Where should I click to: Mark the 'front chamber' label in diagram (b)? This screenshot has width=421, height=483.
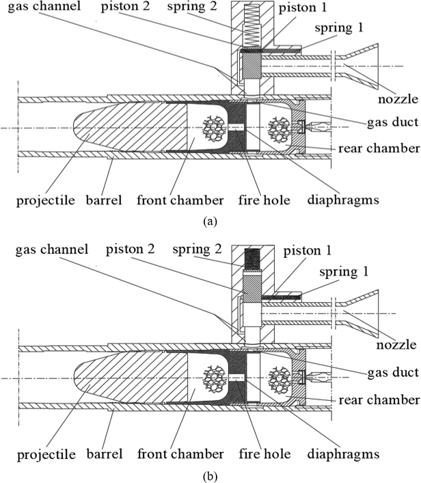[x=190, y=454]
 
